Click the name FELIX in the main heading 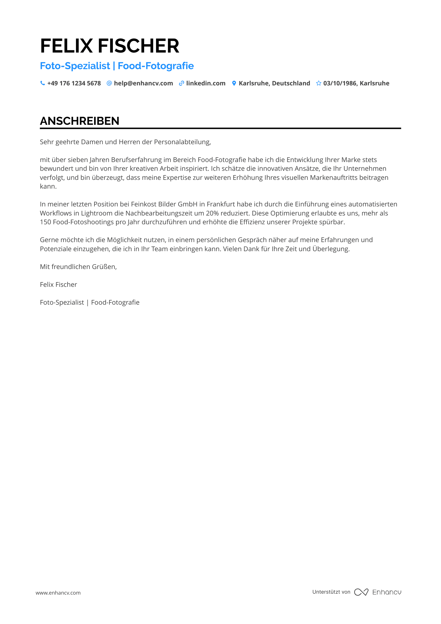(x=66, y=46)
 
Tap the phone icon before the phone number (x=43, y=83)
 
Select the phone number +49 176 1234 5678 (x=74, y=83)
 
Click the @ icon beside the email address (x=109, y=83)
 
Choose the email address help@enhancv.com (x=143, y=83)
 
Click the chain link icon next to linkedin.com (x=181, y=83)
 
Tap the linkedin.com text (x=206, y=83)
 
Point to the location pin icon (x=234, y=83)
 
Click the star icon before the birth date (x=318, y=83)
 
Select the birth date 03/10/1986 (x=340, y=83)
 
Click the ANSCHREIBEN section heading (x=80, y=121)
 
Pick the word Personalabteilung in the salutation (x=182, y=142)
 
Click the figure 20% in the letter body (x=212, y=213)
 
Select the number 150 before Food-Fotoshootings (x=45, y=222)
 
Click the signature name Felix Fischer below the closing (x=58, y=285)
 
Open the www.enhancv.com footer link (x=58, y=593)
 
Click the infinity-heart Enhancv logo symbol (x=361, y=592)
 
